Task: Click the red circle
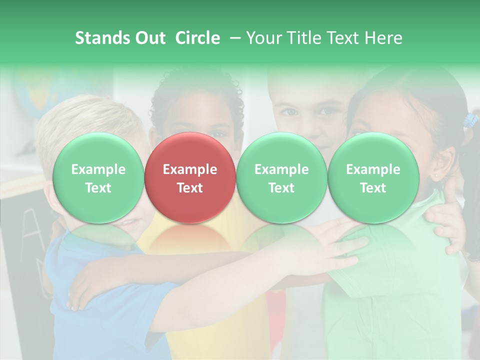click(x=190, y=178)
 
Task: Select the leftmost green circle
click(x=98, y=178)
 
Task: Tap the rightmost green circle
click(x=373, y=178)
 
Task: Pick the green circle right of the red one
click(x=281, y=178)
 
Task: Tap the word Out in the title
click(x=149, y=38)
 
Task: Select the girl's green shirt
click(x=395, y=300)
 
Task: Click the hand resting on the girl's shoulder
click(x=447, y=220)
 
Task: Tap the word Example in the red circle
click(x=190, y=169)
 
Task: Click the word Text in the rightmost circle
click(x=373, y=188)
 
